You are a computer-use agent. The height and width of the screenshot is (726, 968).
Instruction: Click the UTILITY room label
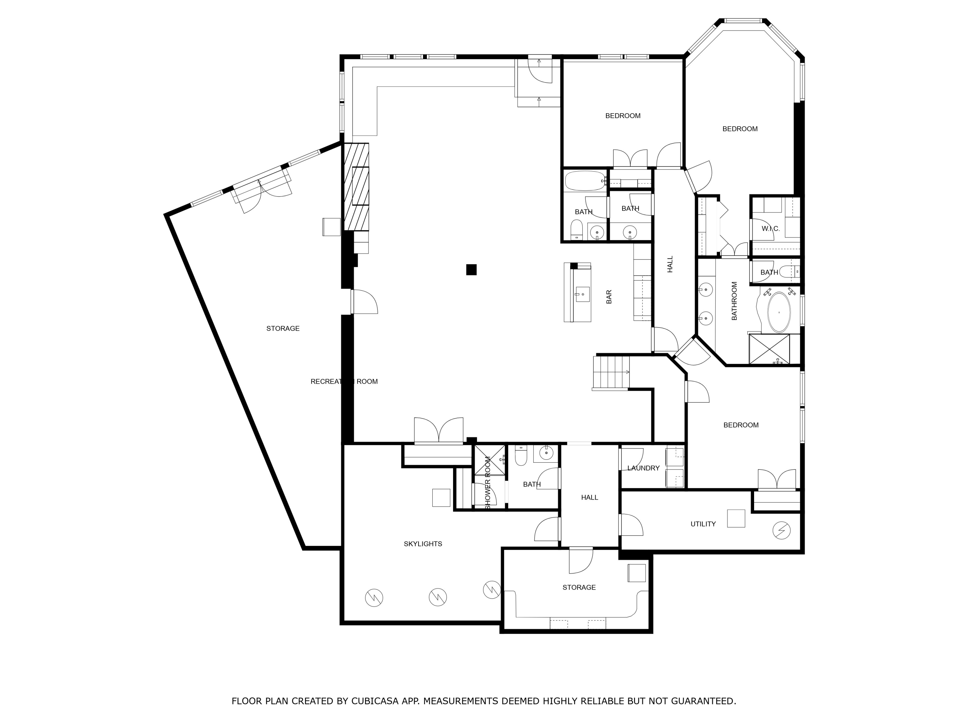click(x=703, y=524)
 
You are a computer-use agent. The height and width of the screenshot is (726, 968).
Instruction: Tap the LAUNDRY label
click(x=643, y=468)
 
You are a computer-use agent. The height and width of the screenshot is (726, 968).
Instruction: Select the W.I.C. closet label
click(x=770, y=228)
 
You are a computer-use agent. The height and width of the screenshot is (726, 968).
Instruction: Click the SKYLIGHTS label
click(x=423, y=543)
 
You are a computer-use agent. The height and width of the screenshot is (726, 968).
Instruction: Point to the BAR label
click(x=609, y=297)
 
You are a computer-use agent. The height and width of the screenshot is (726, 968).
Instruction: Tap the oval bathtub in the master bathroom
click(x=779, y=312)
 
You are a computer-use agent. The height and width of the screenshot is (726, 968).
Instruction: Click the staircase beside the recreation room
click(x=611, y=372)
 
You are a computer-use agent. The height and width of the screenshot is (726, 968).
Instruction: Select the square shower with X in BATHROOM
click(x=769, y=349)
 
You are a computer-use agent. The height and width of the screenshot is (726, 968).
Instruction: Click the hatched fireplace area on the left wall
click(x=356, y=187)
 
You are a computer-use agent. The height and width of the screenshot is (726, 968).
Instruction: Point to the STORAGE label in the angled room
click(x=283, y=328)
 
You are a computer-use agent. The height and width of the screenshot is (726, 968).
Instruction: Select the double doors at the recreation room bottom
click(x=439, y=431)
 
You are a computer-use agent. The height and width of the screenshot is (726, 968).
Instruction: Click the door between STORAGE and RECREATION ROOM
click(x=364, y=302)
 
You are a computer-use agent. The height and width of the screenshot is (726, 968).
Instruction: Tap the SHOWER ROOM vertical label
click(x=488, y=482)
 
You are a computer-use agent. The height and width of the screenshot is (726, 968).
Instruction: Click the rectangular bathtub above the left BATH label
click(x=585, y=181)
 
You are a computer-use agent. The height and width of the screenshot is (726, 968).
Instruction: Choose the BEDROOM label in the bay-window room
click(x=740, y=129)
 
